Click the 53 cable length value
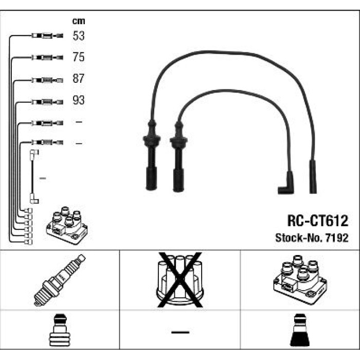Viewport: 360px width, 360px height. pos(79,36)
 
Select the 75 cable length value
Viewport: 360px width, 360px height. pos(79,57)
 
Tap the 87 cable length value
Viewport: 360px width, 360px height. pos(79,79)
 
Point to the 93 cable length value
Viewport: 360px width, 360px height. pos(79,100)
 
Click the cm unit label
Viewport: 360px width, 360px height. pos(79,21)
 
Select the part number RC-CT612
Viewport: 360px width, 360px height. pos(318,221)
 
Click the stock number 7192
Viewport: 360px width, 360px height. pos(337,238)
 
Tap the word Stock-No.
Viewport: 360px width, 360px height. pos(299,238)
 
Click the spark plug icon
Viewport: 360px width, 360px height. pos(60,280)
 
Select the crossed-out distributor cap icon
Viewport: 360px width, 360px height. pos(180,280)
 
